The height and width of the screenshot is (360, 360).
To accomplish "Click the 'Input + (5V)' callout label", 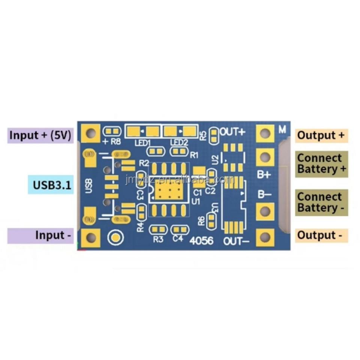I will (40, 135).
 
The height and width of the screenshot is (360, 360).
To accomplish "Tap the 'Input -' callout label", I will (53, 235).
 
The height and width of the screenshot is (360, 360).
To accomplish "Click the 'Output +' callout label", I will (321, 135).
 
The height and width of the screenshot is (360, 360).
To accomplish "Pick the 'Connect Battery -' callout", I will (321, 202).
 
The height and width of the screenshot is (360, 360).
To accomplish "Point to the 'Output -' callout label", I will (320, 235).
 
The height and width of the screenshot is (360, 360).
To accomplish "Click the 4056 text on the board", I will (202, 241).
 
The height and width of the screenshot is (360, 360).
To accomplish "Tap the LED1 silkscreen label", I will (142, 143).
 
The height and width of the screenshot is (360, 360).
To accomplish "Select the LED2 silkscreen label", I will (179, 143).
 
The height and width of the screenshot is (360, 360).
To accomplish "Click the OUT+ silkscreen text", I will (232, 132).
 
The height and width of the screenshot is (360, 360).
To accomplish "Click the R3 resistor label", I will (158, 239).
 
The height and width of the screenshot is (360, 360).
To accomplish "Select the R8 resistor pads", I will (112, 132).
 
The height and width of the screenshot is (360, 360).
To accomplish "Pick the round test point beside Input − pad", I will (115, 237).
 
